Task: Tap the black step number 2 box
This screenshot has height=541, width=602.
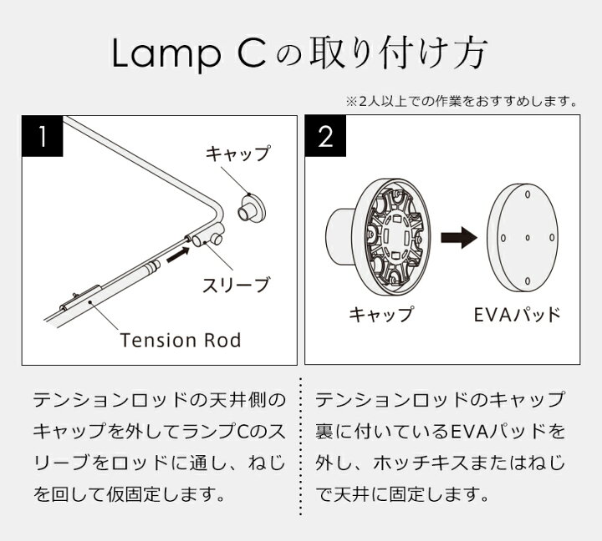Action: click(326, 138)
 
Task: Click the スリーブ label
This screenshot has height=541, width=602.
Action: click(237, 285)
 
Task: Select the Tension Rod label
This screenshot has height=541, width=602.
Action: click(181, 340)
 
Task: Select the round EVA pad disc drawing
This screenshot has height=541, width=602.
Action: click(528, 236)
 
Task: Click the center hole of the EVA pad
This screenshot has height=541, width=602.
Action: click(528, 237)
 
